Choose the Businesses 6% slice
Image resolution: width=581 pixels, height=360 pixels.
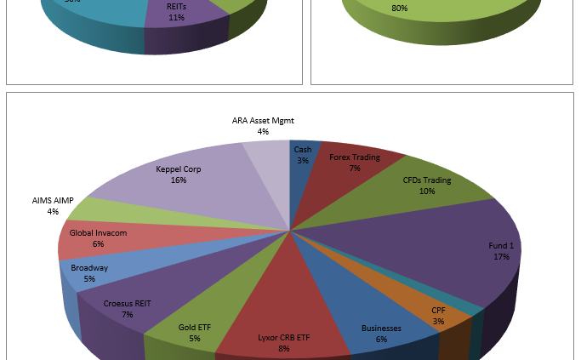[379, 328]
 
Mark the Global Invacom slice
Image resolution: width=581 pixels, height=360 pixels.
[89, 243]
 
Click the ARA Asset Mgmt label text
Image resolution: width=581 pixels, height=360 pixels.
[263, 121]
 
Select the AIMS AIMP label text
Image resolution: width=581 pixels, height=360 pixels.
[53, 201]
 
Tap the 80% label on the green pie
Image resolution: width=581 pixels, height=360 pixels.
[399, 9]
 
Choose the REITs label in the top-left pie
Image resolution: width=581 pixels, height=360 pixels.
[176, 6]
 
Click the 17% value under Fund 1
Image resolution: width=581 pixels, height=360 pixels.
[501, 256]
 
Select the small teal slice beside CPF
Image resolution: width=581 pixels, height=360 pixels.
[476, 306]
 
